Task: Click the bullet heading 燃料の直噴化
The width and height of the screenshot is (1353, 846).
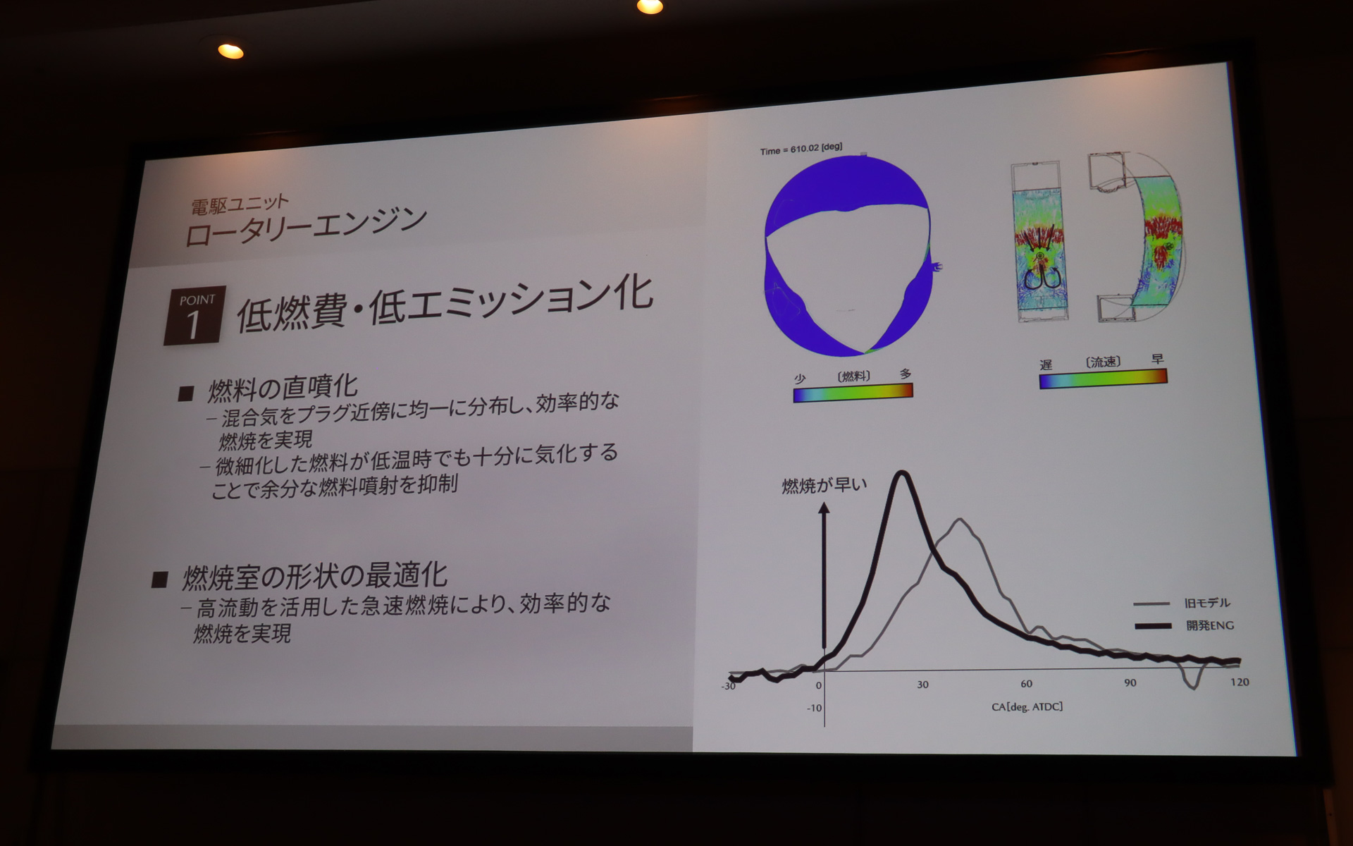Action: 283,387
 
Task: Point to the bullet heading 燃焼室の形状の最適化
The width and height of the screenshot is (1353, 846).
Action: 314,577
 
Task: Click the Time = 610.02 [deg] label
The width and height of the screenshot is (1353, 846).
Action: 801,149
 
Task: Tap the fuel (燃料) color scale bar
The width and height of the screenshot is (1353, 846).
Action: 853,392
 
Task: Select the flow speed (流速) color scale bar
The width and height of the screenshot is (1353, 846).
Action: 1103,379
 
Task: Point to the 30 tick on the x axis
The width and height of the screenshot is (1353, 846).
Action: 922,685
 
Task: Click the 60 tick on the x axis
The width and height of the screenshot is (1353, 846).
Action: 1026,684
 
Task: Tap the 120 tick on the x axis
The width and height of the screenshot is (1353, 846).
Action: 1240,682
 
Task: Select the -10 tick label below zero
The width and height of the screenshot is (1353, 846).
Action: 814,708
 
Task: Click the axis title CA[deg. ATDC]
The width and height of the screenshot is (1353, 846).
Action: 1027,706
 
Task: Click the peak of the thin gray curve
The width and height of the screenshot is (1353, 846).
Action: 960,520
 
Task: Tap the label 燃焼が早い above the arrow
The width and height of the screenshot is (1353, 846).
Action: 824,486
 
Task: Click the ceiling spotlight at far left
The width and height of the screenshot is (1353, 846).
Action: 230,51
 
